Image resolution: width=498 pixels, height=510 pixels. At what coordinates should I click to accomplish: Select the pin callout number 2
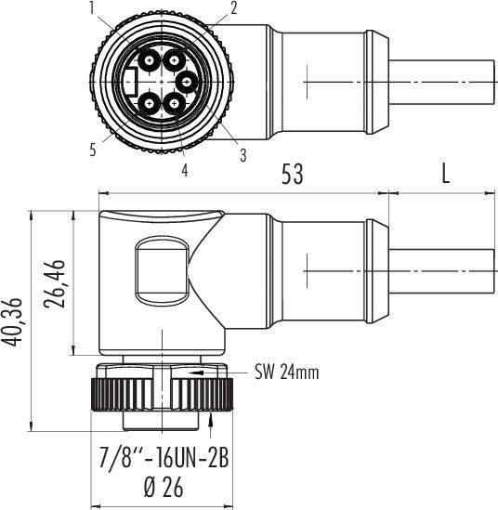coord(233,8)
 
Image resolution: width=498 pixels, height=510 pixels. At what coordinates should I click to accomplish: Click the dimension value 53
coord(292,174)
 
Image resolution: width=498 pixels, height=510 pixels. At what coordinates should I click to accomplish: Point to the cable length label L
coord(445,174)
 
